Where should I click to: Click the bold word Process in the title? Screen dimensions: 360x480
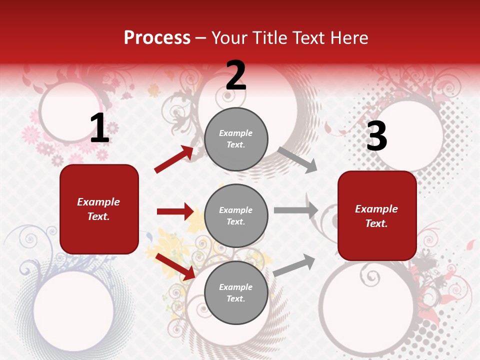pyautogui.click(x=157, y=38)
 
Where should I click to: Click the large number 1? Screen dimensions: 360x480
pyautogui.click(x=99, y=128)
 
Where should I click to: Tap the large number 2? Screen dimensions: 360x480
pyautogui.click(x=236, y=76)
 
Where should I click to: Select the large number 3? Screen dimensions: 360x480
pyautogui.click(x=376, y=136)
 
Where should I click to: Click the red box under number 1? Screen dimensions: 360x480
pyautogui.click(x=99, y=209)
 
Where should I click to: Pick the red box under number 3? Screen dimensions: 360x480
pyautogui.click(x=377, y=215)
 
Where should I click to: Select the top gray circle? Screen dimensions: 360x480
pyautogui.click(x=236, y=138)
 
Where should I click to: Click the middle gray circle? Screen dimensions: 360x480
pyautogui.click(x=236, y=215)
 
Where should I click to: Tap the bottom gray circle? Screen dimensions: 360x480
pyautogui.click(x=236, y=292)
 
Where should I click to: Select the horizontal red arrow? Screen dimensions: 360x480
pyautogui.click(x=175, y=211)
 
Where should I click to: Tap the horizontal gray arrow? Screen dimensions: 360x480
pyautogui.click(x=295, y=210)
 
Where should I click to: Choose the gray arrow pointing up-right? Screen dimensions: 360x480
pyautogui.click(x=294, y=265)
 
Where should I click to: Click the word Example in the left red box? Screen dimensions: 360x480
pyautogui.click(x=98, y=202)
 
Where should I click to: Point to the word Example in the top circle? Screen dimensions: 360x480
pyautogui.click(x=236, y=133)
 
